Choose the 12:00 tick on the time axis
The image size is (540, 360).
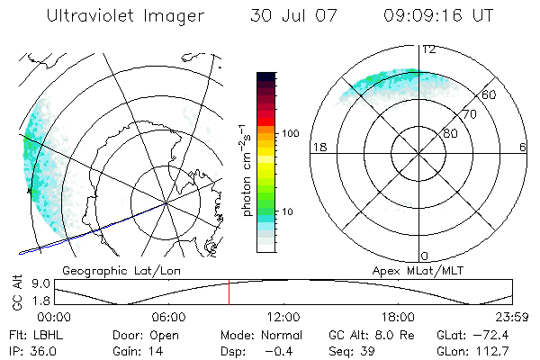click(x=283, y=316)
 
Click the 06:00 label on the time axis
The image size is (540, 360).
click(x=168, y=316)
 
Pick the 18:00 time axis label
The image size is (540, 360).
click(x=398, y=316)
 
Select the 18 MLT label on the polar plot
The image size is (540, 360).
click(x=318, y=147)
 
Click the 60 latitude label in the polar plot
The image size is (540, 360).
click(x=490, y=94)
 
